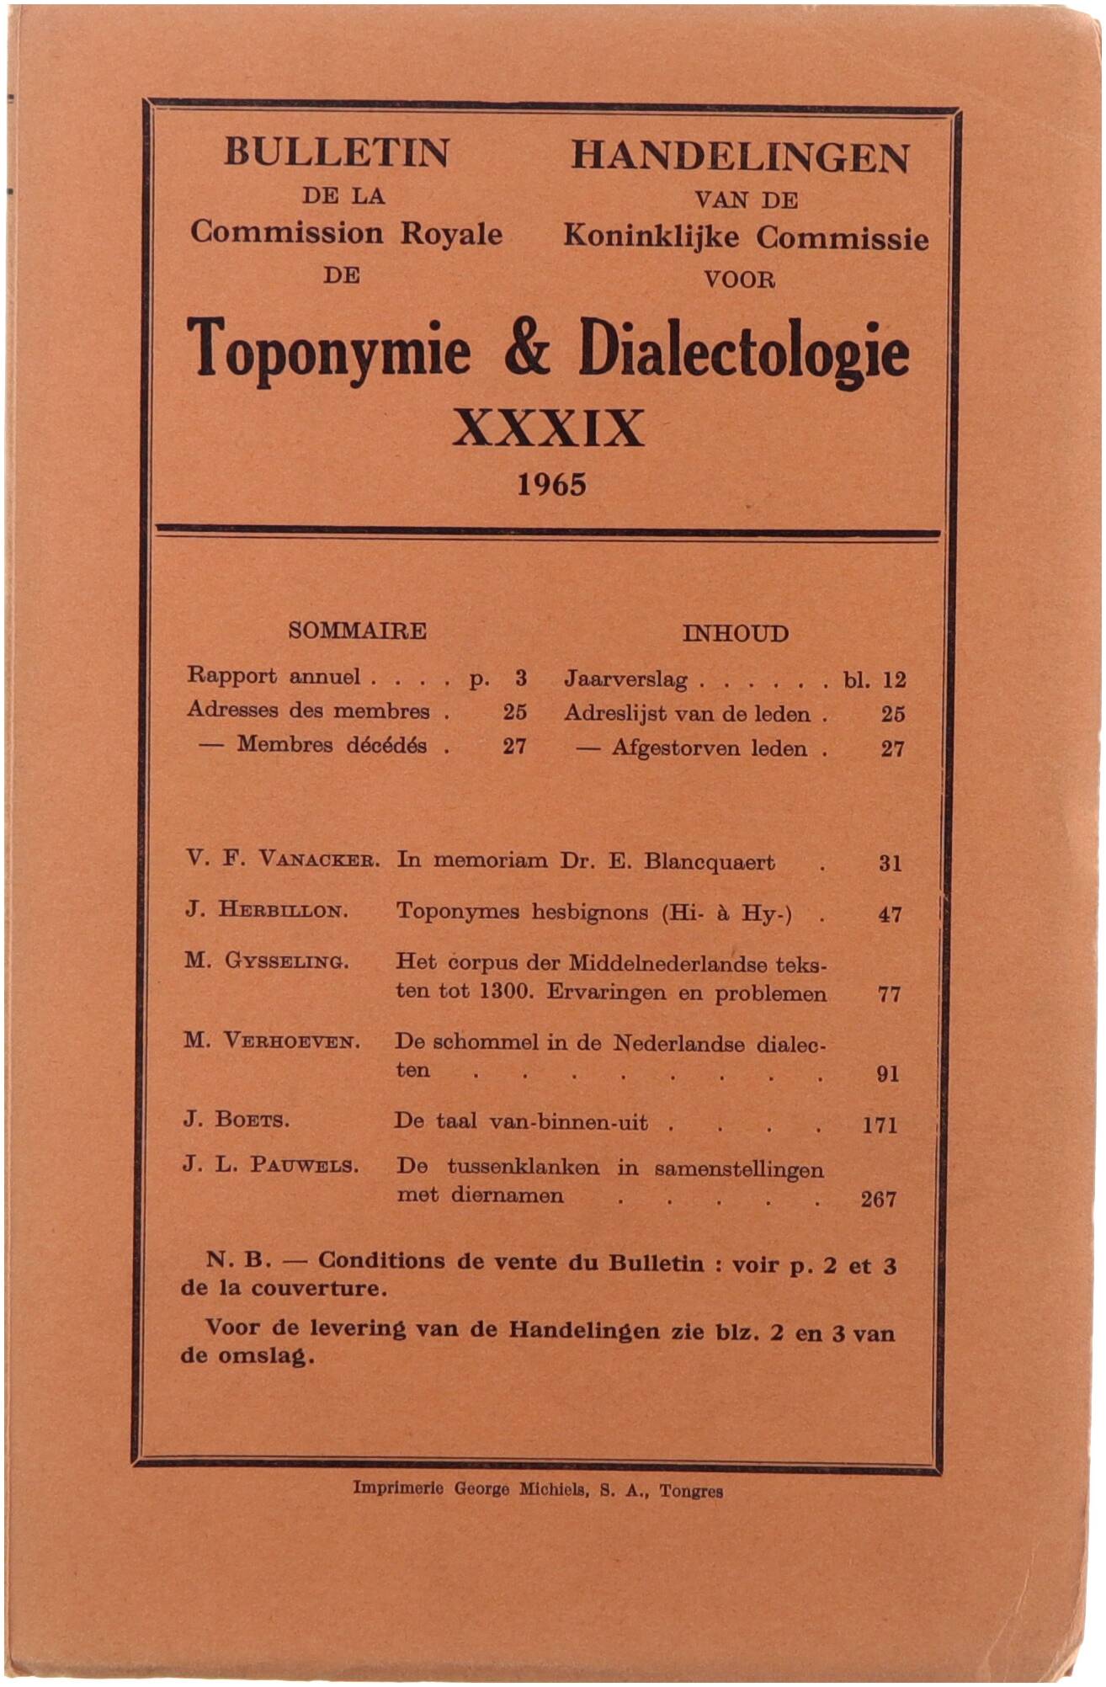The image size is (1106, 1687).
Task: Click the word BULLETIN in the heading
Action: point(337,153)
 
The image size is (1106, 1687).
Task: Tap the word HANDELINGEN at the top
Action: point(740,157)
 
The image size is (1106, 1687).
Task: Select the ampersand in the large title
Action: point(528,349)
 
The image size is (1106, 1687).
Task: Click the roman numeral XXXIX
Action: point(548,428)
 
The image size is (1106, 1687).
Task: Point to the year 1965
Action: point(551,485)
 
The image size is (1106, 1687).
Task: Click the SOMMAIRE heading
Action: point(357,631)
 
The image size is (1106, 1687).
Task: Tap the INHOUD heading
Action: point(735,634)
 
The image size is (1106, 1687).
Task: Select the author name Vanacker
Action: point(319,860)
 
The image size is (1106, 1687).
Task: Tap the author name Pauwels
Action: point(304,1166)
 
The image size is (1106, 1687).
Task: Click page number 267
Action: point(878,1200)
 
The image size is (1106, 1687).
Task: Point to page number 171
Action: point(880,1125)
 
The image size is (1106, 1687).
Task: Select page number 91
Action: point(887,1073)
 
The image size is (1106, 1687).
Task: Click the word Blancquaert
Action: point(709,862)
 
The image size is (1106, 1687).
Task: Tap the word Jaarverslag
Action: point(625,679)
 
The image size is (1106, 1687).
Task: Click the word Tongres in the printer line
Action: point(691,1492)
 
